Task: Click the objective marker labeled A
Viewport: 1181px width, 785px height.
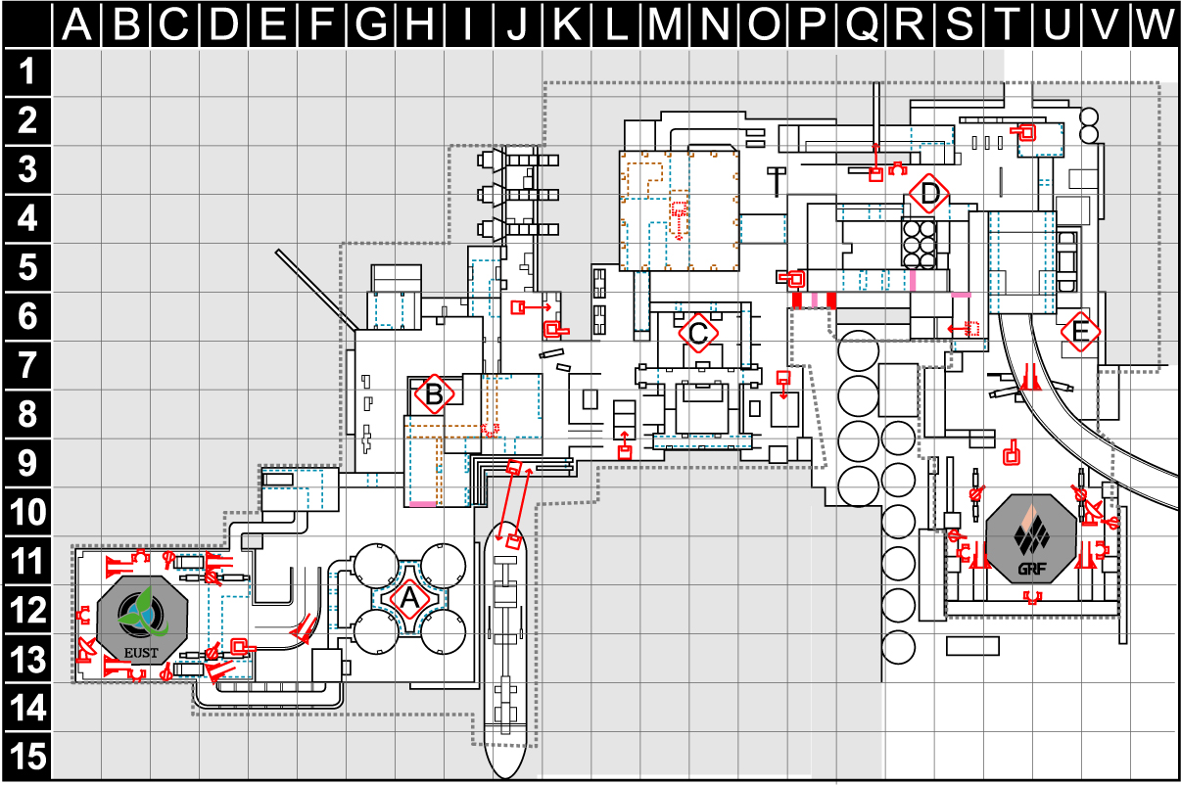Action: [409, 599]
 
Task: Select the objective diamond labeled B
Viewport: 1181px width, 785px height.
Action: [434, 394]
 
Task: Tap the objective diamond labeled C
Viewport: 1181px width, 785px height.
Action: [698, 333]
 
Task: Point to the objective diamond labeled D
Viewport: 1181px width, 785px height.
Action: [929, 194]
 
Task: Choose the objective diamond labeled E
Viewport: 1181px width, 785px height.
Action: [1080, 332]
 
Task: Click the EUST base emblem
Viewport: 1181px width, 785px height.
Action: [142, 621]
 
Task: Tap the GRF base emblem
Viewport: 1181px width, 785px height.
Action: [1031, 538]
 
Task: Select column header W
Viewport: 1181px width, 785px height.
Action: [1155, 24]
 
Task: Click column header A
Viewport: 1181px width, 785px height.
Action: [77, 24]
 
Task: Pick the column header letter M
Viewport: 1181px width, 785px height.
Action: [664, 24]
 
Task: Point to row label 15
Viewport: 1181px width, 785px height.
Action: [27, 756]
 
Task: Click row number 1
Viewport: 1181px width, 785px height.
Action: [27, 72]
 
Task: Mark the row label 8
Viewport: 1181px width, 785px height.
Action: [27, 414]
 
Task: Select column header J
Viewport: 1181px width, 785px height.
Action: [517, 24]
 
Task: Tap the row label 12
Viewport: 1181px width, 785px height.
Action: [27, 610]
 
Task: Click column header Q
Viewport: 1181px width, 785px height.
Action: [861, 24]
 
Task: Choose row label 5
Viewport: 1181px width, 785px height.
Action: [27, 267]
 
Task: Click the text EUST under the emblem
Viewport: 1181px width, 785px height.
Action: [141, 653]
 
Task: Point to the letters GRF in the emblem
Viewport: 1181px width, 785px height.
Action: [1032, 569]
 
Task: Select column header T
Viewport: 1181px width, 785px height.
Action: [1007, 24]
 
